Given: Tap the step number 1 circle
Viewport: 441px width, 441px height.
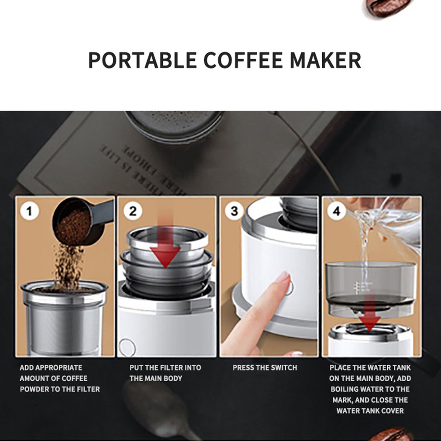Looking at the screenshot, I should (30, 211).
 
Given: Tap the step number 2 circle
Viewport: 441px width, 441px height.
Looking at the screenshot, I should (133, 211).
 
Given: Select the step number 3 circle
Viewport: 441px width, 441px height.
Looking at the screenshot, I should (234, 211).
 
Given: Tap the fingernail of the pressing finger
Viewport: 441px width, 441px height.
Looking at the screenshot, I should (283, 276).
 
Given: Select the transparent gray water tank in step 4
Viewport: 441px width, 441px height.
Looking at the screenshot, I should (370, 284).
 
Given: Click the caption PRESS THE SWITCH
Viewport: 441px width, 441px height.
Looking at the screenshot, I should (265, 368).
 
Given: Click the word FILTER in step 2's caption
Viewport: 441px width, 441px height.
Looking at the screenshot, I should (174, 368).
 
